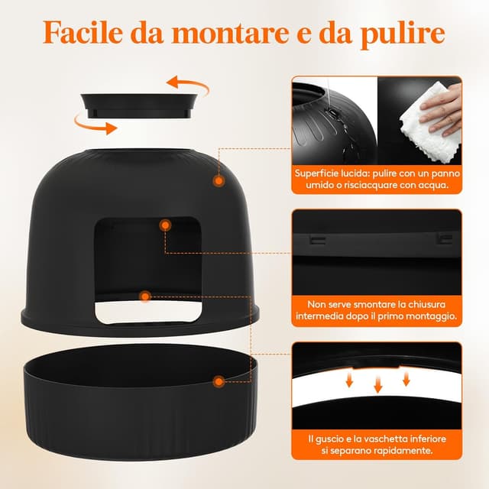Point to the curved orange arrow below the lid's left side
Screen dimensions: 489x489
[91, 122]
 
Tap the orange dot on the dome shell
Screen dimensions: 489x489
[219, 181]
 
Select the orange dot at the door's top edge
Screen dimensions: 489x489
[164, 225]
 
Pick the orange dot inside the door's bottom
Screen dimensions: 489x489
[145, 295]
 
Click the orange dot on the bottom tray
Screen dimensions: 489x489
[219, 380]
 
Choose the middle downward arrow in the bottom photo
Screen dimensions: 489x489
[377, 384]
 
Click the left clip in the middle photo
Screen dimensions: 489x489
[313, 239]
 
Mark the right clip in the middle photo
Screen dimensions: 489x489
[441, 238]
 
